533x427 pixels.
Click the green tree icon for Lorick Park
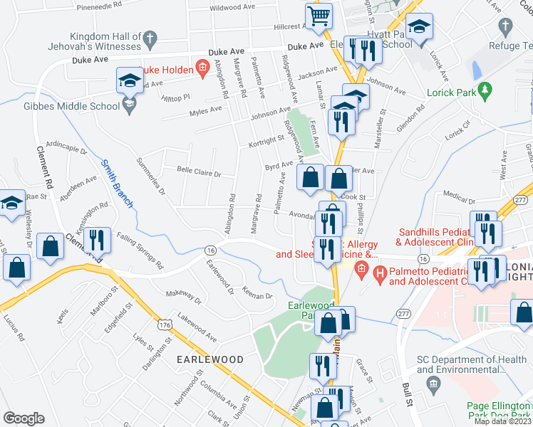coord(486,90)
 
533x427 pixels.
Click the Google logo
coord(24,418)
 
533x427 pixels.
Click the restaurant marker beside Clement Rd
coord(97,239)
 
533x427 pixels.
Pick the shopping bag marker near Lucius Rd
coord(17,268)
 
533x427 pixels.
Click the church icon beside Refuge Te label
coord(505,27)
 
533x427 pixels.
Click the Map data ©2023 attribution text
coord(502,421)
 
